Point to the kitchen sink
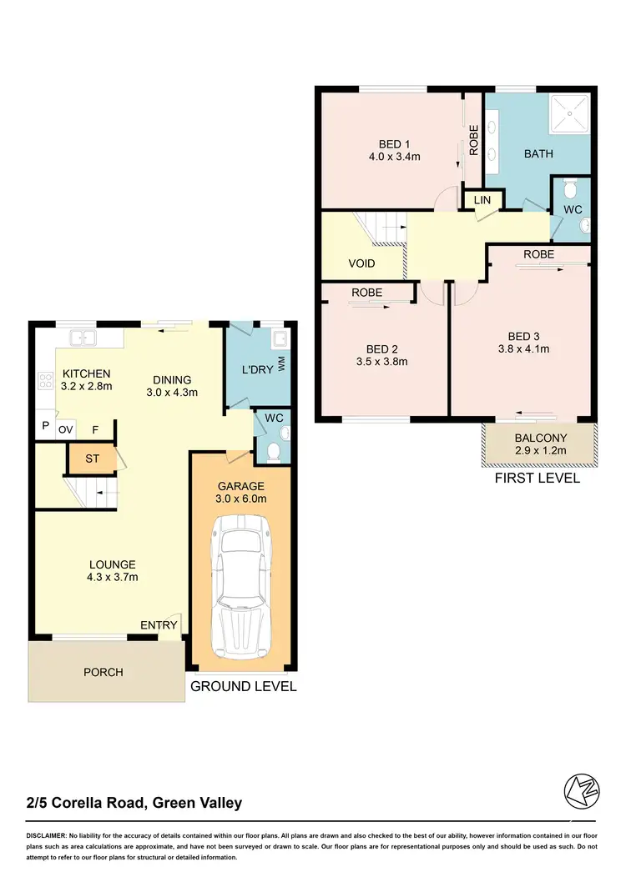pos(83,338)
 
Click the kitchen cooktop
pos(45,383)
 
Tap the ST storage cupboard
pos(91,458)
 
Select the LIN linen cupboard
pos(482,200)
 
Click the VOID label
pos(361,263)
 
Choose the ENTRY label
pos(159,626)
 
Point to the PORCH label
pos(103,672)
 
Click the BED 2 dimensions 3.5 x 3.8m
pos(381,362)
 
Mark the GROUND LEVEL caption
pos(244,687)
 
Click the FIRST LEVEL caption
pos(538,479)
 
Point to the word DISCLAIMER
pos(53,835)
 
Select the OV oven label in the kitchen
pos(66,429)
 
